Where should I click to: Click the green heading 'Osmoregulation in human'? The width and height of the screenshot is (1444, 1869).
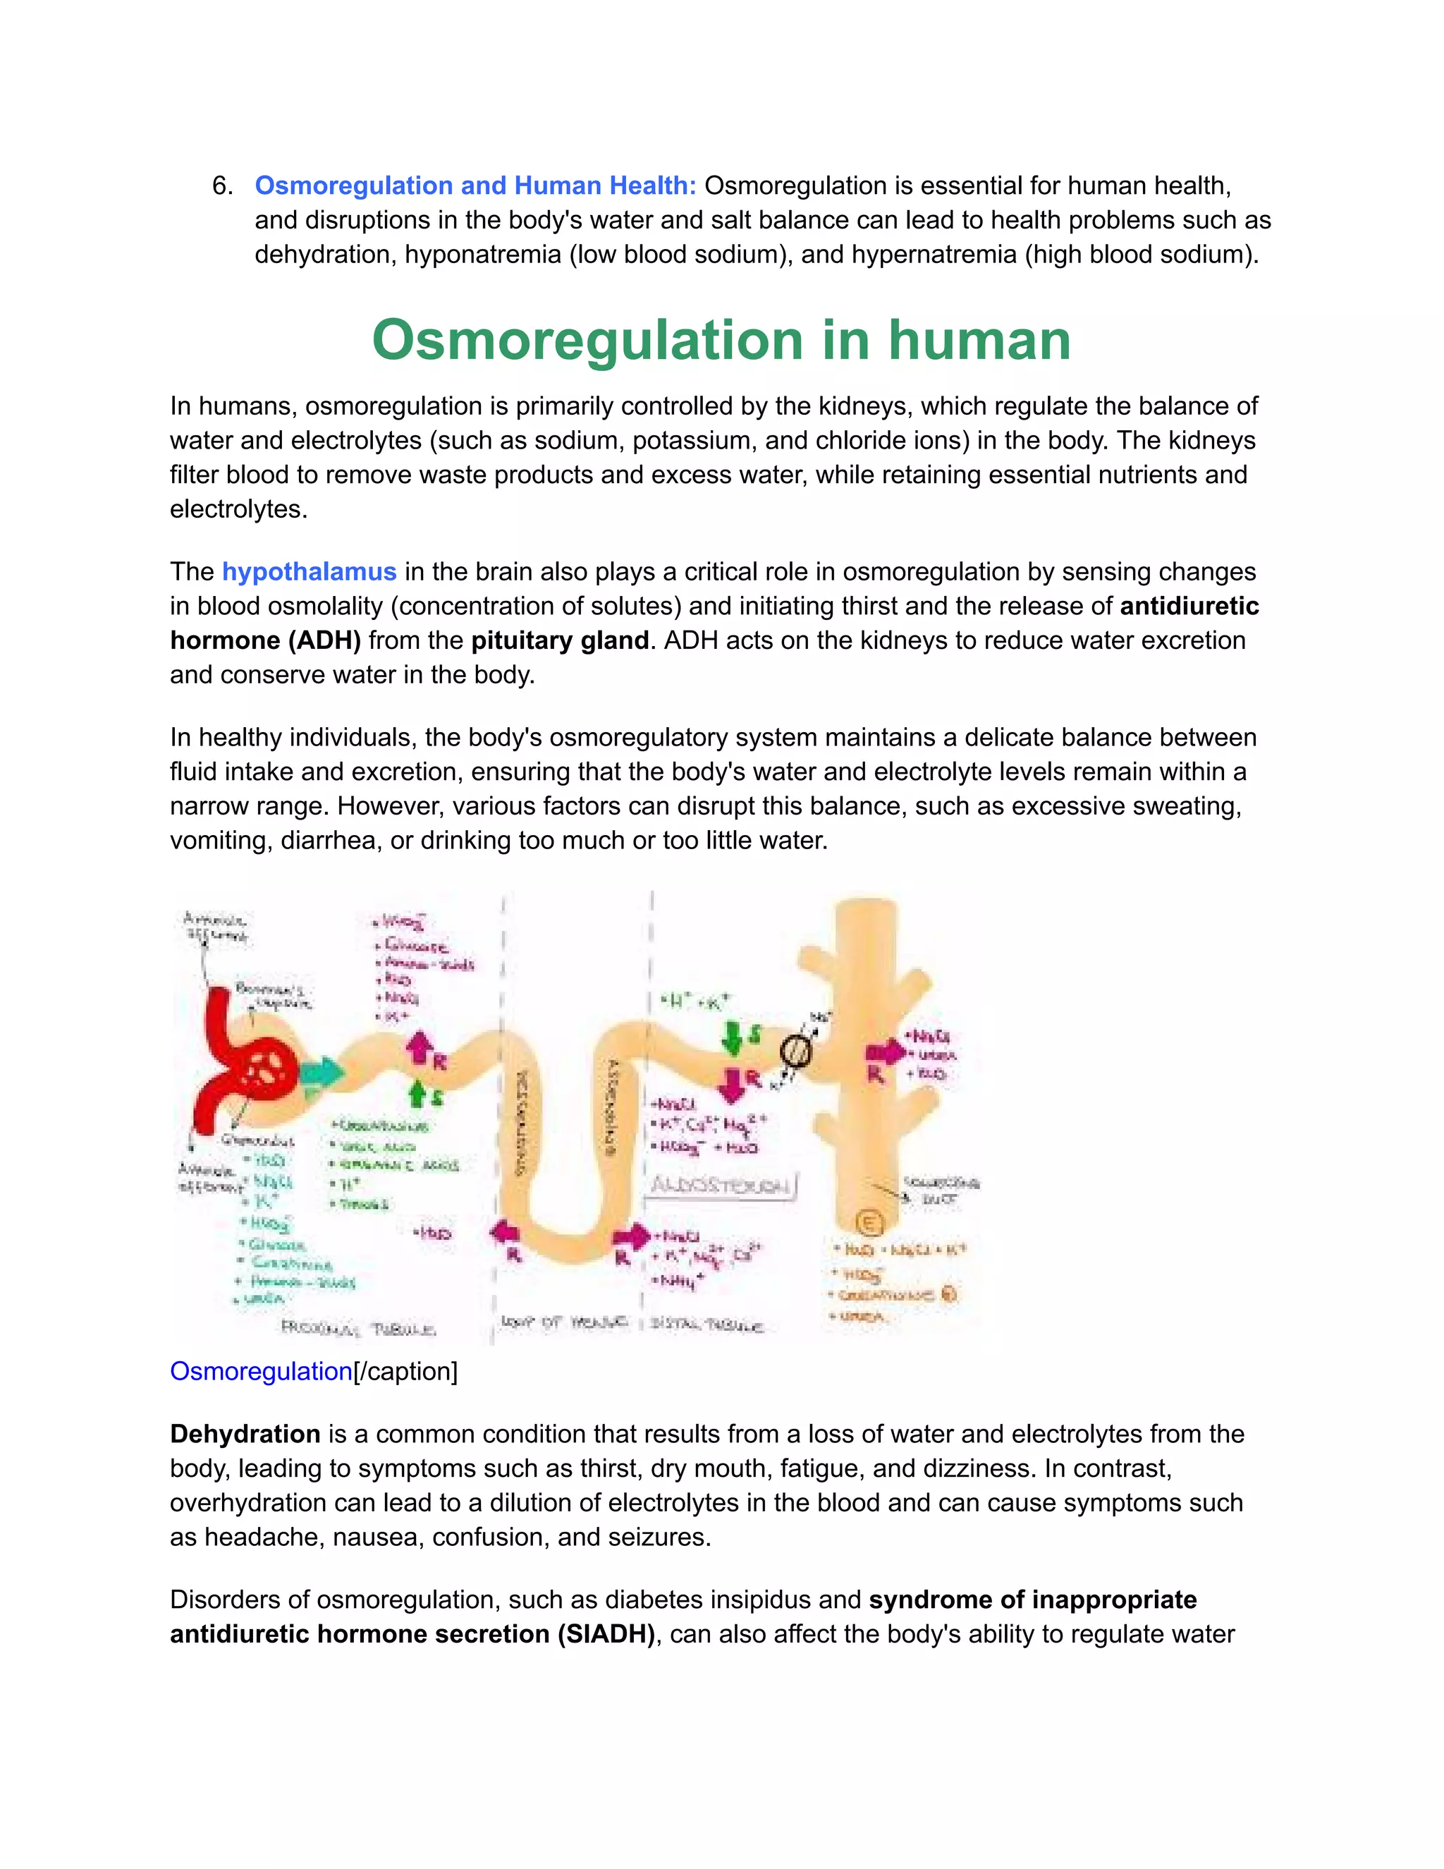pos(721,341)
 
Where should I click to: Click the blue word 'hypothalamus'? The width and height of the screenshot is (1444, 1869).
pos(309,572)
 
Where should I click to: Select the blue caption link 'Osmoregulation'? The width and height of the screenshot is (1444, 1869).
pos(261,1371)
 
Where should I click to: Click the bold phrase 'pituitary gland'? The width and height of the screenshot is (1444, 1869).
pos(559,640)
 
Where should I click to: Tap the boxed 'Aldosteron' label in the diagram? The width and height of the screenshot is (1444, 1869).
pos(722,1186)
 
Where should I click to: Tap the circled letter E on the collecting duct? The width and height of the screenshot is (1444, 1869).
pos(868,1224)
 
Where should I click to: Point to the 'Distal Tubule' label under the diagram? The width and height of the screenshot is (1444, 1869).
pos(706,1326)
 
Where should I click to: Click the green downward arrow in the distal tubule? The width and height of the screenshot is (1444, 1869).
pos(733,1036)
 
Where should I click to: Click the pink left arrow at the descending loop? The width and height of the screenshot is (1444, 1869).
pos(506,1233)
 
